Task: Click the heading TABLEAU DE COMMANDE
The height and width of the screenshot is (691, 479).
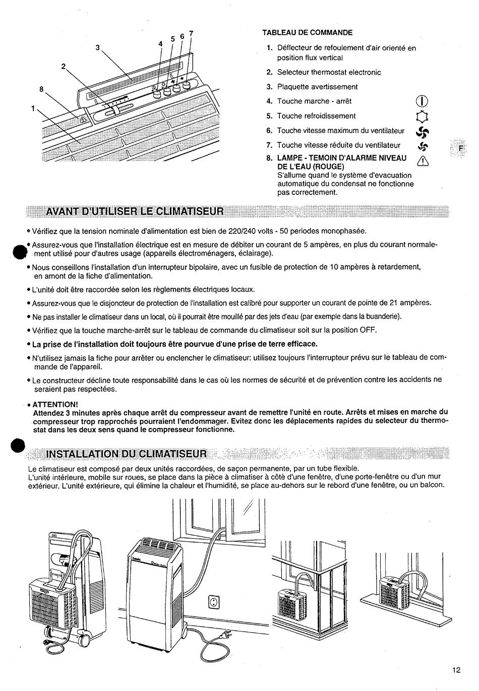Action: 307,33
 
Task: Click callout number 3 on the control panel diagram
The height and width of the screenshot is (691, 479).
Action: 98,48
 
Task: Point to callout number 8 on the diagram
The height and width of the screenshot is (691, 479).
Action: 42,90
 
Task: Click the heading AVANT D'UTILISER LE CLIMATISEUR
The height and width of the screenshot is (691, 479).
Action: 134,211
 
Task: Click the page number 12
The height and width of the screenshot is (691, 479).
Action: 456,670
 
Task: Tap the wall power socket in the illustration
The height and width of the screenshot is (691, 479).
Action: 215,602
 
